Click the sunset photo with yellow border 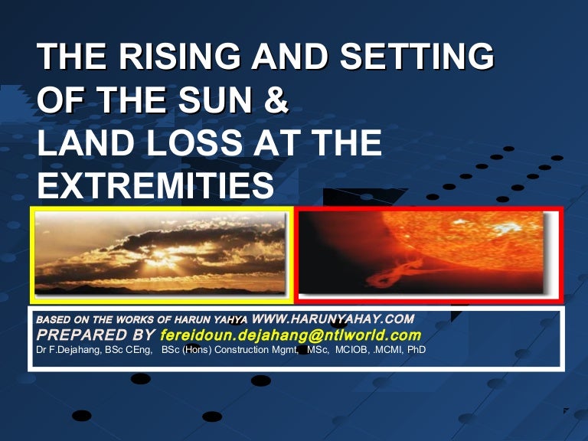162,255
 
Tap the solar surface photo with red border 428,255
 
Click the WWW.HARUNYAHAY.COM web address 332,318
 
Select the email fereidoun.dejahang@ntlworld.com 290,335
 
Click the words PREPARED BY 95,335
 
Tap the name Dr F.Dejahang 70,350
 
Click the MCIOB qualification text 352,350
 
